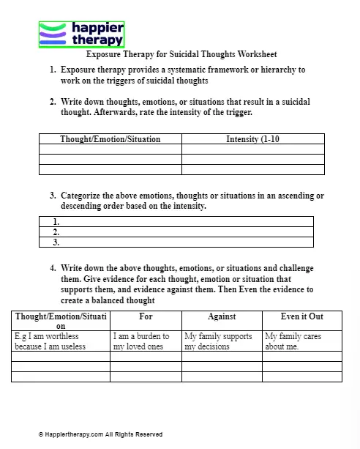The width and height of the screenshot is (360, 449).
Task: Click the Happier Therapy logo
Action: click(x=81, y=34)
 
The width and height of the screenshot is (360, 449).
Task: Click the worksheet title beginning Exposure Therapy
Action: click(x=181, y=55)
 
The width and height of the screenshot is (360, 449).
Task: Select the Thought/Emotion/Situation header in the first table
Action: click(x=110, y=139)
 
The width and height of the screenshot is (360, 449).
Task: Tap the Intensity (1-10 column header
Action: click(x=252, y=139)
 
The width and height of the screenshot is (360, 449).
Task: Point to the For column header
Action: click(x=146, y=316)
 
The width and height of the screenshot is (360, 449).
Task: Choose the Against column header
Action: click(x=222, y=316)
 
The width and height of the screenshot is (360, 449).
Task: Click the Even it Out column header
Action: click(x=301, y=316)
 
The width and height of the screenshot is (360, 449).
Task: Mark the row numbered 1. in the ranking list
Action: click(x=176, y=221)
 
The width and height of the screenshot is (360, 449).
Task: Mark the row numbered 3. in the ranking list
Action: click(x=176, y=242)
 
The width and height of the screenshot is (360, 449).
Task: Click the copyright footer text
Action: click(x=100, y=434)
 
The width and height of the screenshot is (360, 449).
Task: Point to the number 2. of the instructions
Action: click(x=53, y=102)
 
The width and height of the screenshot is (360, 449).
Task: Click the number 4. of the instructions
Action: click(x=53, y=268)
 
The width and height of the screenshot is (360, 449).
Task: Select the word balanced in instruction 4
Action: click(x=106, y=300)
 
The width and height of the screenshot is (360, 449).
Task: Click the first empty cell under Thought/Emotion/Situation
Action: click(x=110, y=149)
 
